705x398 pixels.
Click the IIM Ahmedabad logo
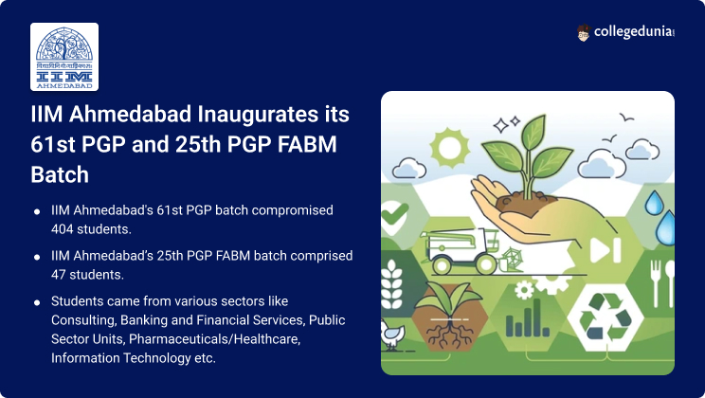pyautogui.click(x=64, y=57)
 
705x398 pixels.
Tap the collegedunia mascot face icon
pyautogui.click(x=583, y=33)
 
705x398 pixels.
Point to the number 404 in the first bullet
pyautogui.click(x=62, y=229)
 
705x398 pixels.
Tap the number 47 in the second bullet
pyautogui.click(x=59, y=275)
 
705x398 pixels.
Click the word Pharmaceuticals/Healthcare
pyautogui.click(x=214, y=338)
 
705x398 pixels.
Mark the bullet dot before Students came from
pyautogui.click(x=37, y=302)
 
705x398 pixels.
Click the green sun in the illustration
pyautogui.click(x=449, y=147)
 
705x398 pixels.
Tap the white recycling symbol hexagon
pyautogui.click(x=606, y=317)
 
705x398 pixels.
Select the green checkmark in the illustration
pyautogui.click(x=394, y=213)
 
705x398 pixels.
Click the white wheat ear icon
pyautogui.click(x=391, y=283)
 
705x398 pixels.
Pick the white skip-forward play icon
pyautogui.click(x=606, y=250)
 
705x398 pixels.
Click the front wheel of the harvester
pyautogui.click(x=486, y=264)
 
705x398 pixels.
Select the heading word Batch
pyautogui.click(x=60, y=175)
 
